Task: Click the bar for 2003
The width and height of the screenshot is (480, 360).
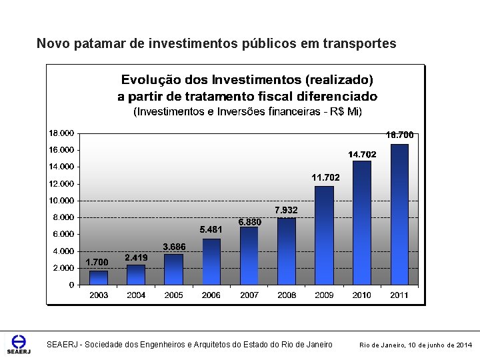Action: pos(99,277)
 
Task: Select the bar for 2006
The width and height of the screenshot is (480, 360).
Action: pos(211,261)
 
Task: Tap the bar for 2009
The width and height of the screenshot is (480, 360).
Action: pos(324,235)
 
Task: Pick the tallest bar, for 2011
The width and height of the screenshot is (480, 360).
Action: pos(399,214)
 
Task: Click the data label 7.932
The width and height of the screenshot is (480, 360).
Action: pos(286,210)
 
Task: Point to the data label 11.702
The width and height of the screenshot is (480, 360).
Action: pos(325,177)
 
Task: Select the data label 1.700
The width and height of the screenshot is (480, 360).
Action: pos(97,262)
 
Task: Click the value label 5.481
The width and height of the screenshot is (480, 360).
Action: pos(211,229)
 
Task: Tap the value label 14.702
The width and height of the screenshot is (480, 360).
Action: pos(362,154)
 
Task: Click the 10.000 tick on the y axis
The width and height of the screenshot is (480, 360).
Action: pos(61,201)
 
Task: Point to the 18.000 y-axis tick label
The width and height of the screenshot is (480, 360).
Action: pos(61,133)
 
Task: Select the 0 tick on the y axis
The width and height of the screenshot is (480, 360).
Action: pos(71,285)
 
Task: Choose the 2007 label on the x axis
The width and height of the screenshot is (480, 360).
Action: pos(249,295)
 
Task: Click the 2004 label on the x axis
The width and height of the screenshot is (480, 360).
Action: pos(136,295)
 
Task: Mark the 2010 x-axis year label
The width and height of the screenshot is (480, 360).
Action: pos(362,295)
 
